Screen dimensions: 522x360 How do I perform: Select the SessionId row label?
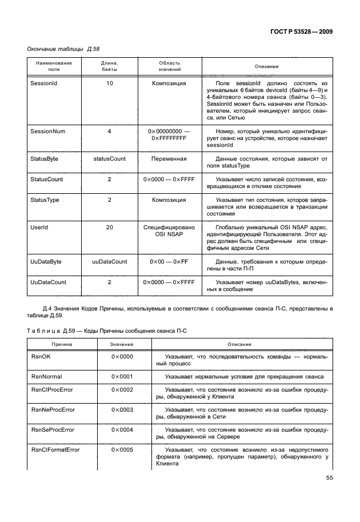point(43,83)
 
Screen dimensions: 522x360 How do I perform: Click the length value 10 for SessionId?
point(109,83)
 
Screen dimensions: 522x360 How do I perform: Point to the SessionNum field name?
point(47,132)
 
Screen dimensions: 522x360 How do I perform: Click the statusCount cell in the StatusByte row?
point(109,158)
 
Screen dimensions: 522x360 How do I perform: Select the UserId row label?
point(39,228)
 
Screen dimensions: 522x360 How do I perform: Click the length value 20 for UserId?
point(109,228)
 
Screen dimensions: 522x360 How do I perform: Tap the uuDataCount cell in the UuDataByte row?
point(109,261)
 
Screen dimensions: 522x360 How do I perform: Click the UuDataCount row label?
point(48,282)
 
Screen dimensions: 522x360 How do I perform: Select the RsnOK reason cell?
point(40,357)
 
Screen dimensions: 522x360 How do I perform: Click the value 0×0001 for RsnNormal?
point(122,377)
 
